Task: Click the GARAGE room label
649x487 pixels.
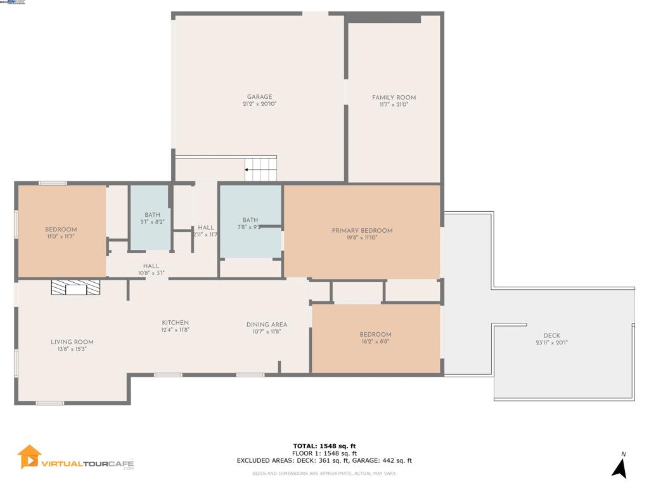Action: (260, 97)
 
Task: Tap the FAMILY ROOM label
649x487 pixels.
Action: (394, 98)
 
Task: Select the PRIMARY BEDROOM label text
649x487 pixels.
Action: (362, 231)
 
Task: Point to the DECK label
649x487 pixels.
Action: (551, 336)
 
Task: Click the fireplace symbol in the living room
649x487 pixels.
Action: (75, 289)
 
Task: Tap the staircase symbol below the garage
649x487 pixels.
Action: (261, 169)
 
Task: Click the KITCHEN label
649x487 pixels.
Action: (176, 323)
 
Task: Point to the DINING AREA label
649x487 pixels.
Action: (267, 325)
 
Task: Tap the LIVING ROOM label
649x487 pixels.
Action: (72, 342)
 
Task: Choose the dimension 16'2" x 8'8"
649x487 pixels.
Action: (375, 341)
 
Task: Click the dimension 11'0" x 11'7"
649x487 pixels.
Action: (61, 237)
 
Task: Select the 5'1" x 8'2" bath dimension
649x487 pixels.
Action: (152, 222)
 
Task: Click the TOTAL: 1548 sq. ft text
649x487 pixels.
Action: (328, 446)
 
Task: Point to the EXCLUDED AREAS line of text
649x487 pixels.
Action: (324, 461)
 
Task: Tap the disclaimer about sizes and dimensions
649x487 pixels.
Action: (324, 473)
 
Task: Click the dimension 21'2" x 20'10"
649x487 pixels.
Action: (260, 104)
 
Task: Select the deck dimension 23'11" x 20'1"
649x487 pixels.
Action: (551, 343)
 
